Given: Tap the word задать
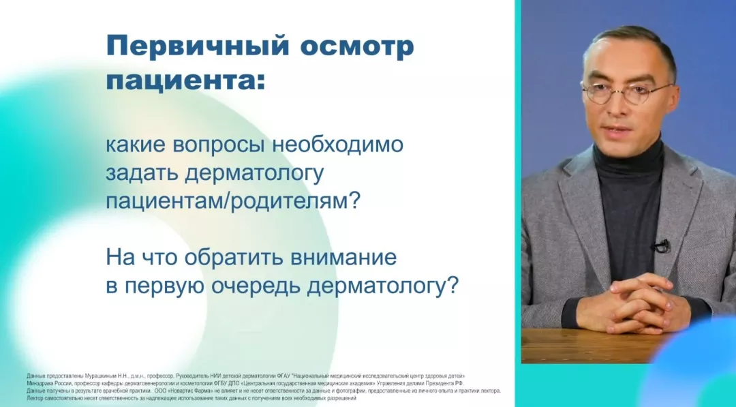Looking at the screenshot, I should pyautogui.click(x=141, y=174).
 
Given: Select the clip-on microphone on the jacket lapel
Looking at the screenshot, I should pyautogui.click(x=660, y=246).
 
